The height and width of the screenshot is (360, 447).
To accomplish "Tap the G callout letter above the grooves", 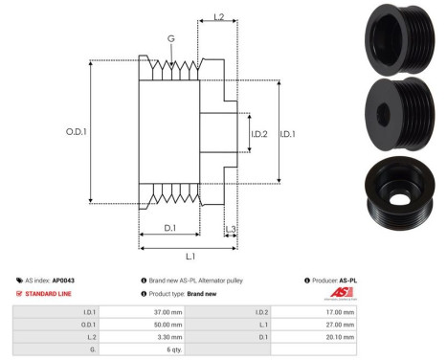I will point(171,39).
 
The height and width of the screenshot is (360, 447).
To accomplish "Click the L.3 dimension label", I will point(231,229).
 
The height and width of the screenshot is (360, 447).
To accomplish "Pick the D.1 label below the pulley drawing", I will point(168,228).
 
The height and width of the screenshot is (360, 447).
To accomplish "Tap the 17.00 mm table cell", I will point(340,311).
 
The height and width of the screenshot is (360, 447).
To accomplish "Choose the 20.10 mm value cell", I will point(340,338).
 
